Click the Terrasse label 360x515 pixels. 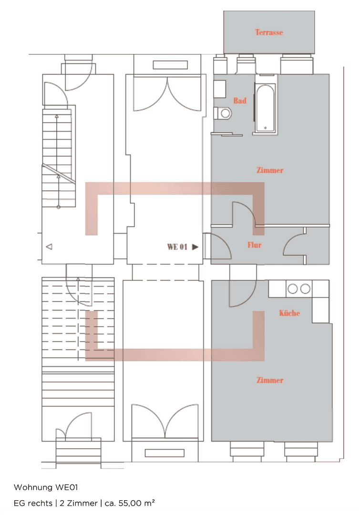[269, 32]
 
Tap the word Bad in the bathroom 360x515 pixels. [240, 101]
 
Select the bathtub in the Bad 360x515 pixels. [264, 108]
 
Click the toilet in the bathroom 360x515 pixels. [223, 113]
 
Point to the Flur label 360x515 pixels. [254, 245]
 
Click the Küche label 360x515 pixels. [289, 313]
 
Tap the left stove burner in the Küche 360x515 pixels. [292, 288]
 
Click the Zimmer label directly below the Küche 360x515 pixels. [270, 380]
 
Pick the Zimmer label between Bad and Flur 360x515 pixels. [270, 170]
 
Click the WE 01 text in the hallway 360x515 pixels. [176, 247]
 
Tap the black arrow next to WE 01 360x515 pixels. [195, 247]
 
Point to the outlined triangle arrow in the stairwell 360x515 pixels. [49, 247]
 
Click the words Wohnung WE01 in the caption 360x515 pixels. [45, 487]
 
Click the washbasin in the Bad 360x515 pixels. [219, 89]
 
